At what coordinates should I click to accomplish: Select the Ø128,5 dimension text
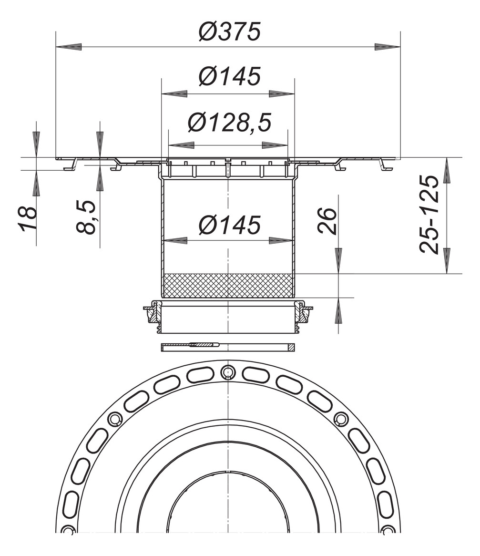[x=229, y=123]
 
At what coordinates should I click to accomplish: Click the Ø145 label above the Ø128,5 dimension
[x=229, y=76]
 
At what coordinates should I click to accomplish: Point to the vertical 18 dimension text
[x=29, y=218]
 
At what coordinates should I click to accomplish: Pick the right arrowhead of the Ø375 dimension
[x=387, y=47]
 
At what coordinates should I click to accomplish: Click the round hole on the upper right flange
[x=341, y=419]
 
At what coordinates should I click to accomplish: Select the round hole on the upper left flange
[x=115, y=419]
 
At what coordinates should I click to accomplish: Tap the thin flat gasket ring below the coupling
[x=228, y=347]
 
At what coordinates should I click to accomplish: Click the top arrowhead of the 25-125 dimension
[x=447, y=171]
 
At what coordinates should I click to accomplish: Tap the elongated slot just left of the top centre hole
[x=201, y=375]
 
